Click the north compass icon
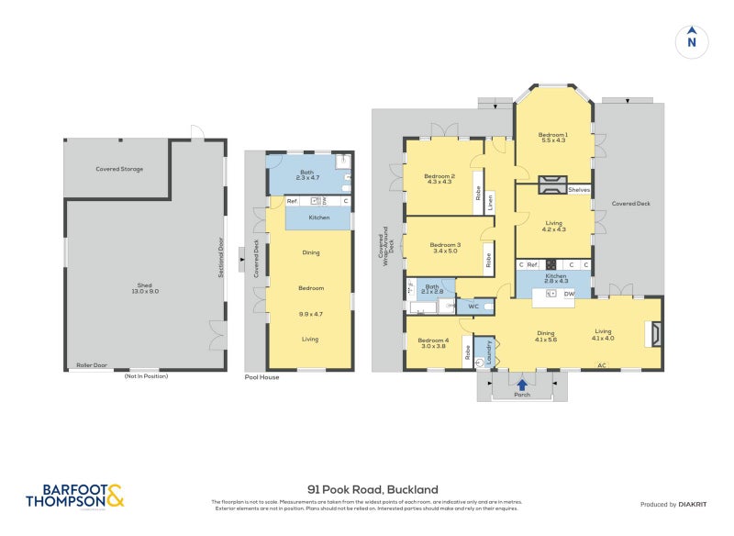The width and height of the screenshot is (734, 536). coord(692,41)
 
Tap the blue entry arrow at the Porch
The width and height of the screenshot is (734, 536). coord(522,385)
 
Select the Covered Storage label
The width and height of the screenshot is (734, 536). coord(119,169)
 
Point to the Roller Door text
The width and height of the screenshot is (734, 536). coord(92,365)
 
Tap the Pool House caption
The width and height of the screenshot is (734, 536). coord(261,377)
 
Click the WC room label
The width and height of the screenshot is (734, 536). coord(474,306)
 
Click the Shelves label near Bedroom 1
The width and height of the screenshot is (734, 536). coord(579,190)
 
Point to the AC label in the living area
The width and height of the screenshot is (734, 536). coord(602,365)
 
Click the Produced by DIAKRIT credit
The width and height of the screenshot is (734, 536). coord(677,505)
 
